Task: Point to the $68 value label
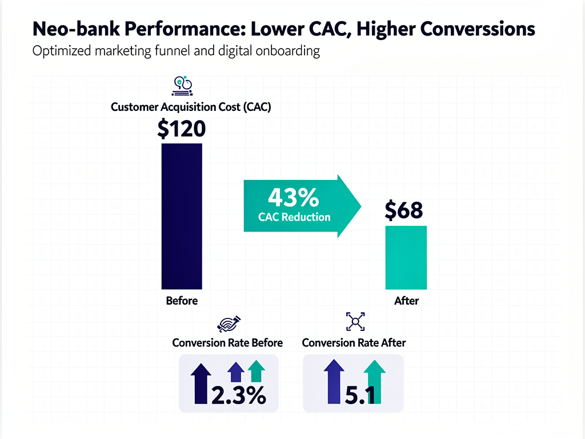(x=404, y=210)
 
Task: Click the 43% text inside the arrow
(x=293, y=198)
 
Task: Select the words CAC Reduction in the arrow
(x=294, y=217)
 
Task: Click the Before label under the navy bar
(x=182, y=301)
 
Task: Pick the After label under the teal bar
(x=406, y=301)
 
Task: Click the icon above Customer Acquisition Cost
(x=182, y=86)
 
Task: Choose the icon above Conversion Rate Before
(x=231, y=324)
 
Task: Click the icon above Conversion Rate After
(x=355, y=322)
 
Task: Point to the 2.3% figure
(x=238, y=395)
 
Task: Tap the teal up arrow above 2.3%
(x=256, y=371)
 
